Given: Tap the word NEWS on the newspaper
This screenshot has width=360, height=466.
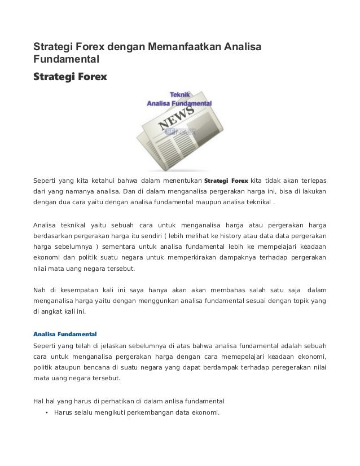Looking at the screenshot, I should pyautogui.click(x=178, y=119).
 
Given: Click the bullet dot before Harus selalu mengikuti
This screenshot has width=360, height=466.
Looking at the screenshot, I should pyautogui.click(x=45, y=412).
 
